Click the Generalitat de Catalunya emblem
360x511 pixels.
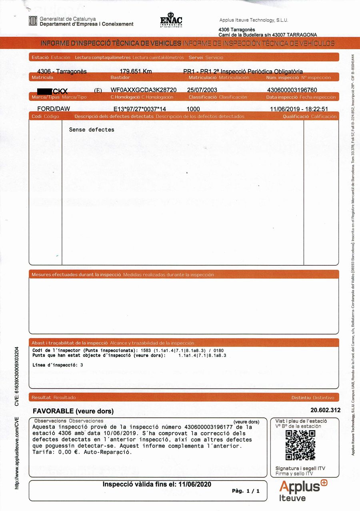click(x=33, y=21)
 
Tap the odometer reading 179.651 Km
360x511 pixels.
click(x=136, y=71)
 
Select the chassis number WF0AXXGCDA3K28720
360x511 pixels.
click(x=143, y=90)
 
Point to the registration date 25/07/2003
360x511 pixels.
click(x=202, y=90)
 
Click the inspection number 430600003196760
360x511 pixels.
click(x=292, y=90)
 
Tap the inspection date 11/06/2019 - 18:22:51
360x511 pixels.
click(x=299, y=109)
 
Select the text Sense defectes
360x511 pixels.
click(x=92, y=130)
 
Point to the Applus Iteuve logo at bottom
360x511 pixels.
click(x=303, y=490)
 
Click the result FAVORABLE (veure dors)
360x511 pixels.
click(x=73, y=411)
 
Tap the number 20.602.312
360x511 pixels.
click(x=325, y=410)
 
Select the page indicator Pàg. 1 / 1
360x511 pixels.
click(x=246, y=491)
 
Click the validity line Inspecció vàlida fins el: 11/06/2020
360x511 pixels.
click(x=157, y=484)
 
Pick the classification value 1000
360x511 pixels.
click(x=193, y=109)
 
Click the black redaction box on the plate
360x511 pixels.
click(x=44, y=91)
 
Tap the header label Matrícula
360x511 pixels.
click(x=42, y=77)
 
